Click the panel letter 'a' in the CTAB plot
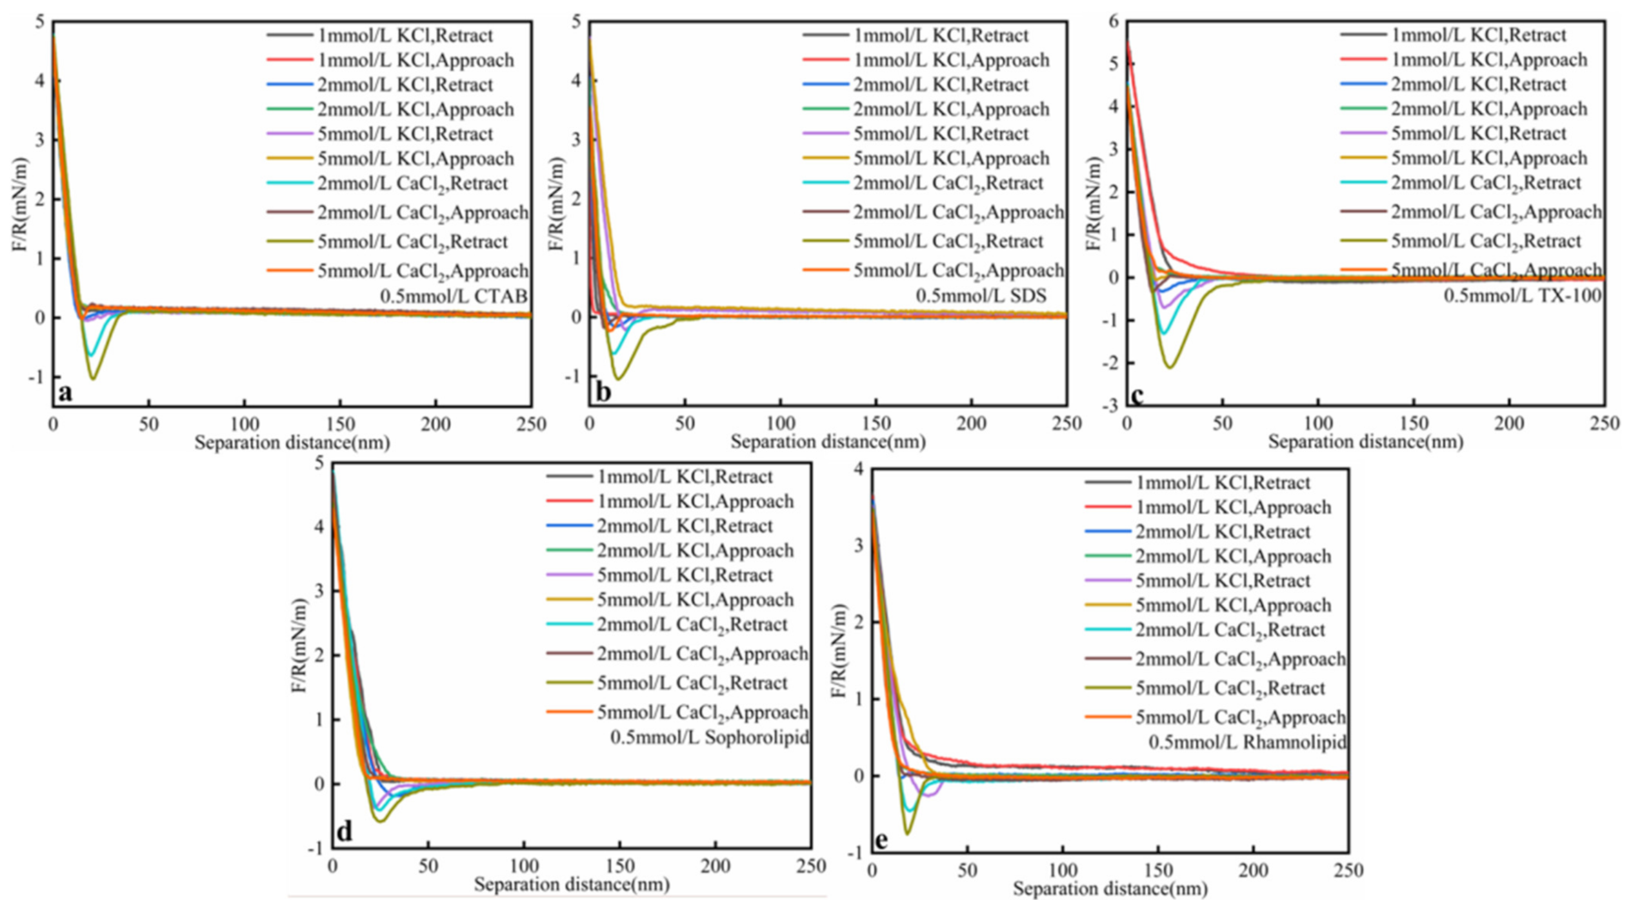tap(65, 393)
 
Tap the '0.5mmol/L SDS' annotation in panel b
tap(981, 296)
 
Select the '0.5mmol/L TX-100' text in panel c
tap(1522, 296)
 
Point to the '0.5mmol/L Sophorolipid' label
tap(709, 737)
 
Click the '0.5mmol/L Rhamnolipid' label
tap(1247, 742)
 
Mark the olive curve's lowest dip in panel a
tap(94, 379)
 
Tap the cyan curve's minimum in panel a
tap(92, 355)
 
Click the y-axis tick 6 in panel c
tap(1113, 21)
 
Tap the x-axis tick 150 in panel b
tap(876, 424)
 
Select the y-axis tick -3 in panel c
tap(1110, 405)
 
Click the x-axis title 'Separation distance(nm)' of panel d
tap(572, 884)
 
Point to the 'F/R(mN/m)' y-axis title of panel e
tap(839, 652)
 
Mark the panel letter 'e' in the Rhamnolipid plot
tap(880, 840)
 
